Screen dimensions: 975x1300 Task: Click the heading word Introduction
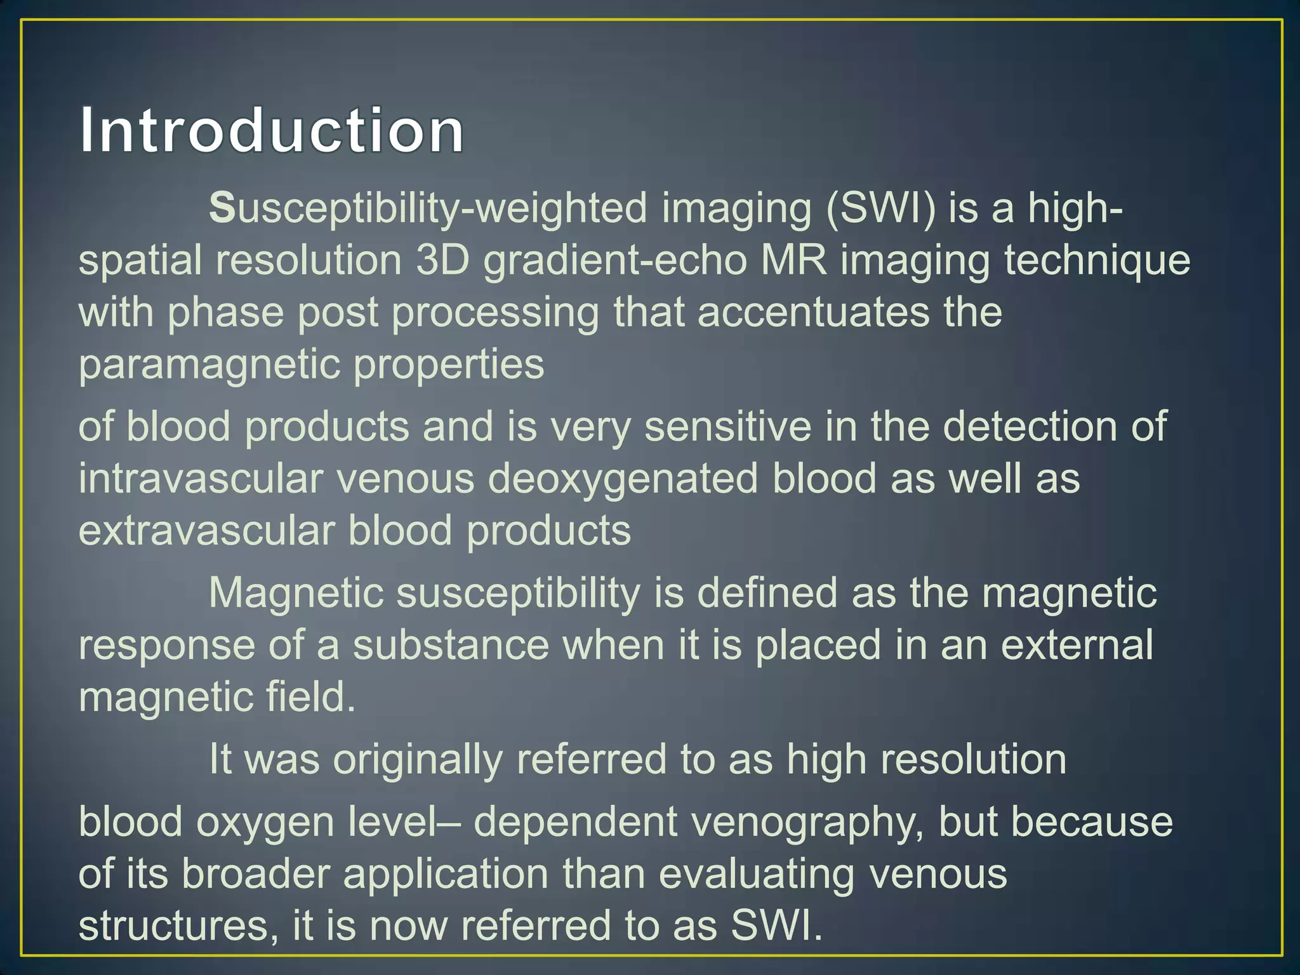pyautogui.click(x=272, y=131)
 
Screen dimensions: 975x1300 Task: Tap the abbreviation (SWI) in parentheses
pyautogui.click(x=880, y=209)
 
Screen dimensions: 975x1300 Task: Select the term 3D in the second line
pyautogui.click(x=442, y=261)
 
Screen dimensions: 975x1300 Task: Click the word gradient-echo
pyautogui.click(x=614, y=261)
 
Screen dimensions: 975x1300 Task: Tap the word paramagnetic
pyautogui.click(x=209, y=366)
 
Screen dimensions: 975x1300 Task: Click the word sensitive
pyautogui.click(x=728, y=427)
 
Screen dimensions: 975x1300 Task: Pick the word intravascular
pyautogui.click(x=201, y=479)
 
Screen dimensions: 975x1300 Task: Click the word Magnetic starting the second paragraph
pyautogui.click(x=296, y=594)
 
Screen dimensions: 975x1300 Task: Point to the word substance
pyautogui.click(x=451, y=646)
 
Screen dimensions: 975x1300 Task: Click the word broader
pyautogui.click(x=256, y=875)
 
